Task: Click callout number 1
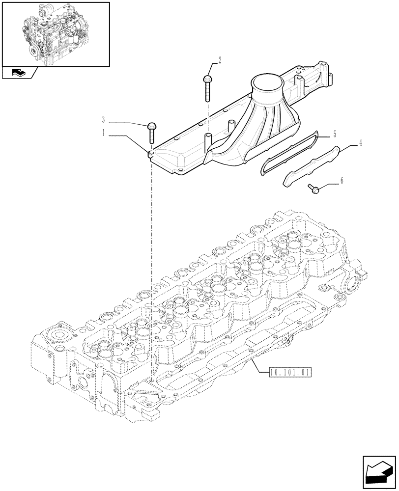(x=104, y=133)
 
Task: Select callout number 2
(x=220, y=60)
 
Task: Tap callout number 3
(x=104, y=119)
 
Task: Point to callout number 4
(x=360, y=143)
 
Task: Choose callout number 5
(x=334, y=134)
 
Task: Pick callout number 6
(x=342, y=181)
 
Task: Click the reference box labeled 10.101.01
(x=291, y=372)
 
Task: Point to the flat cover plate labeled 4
(x=312, y=165)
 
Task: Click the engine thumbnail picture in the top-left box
(x=55, y=33)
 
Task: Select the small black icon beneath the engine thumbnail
(x=20, y=74)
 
